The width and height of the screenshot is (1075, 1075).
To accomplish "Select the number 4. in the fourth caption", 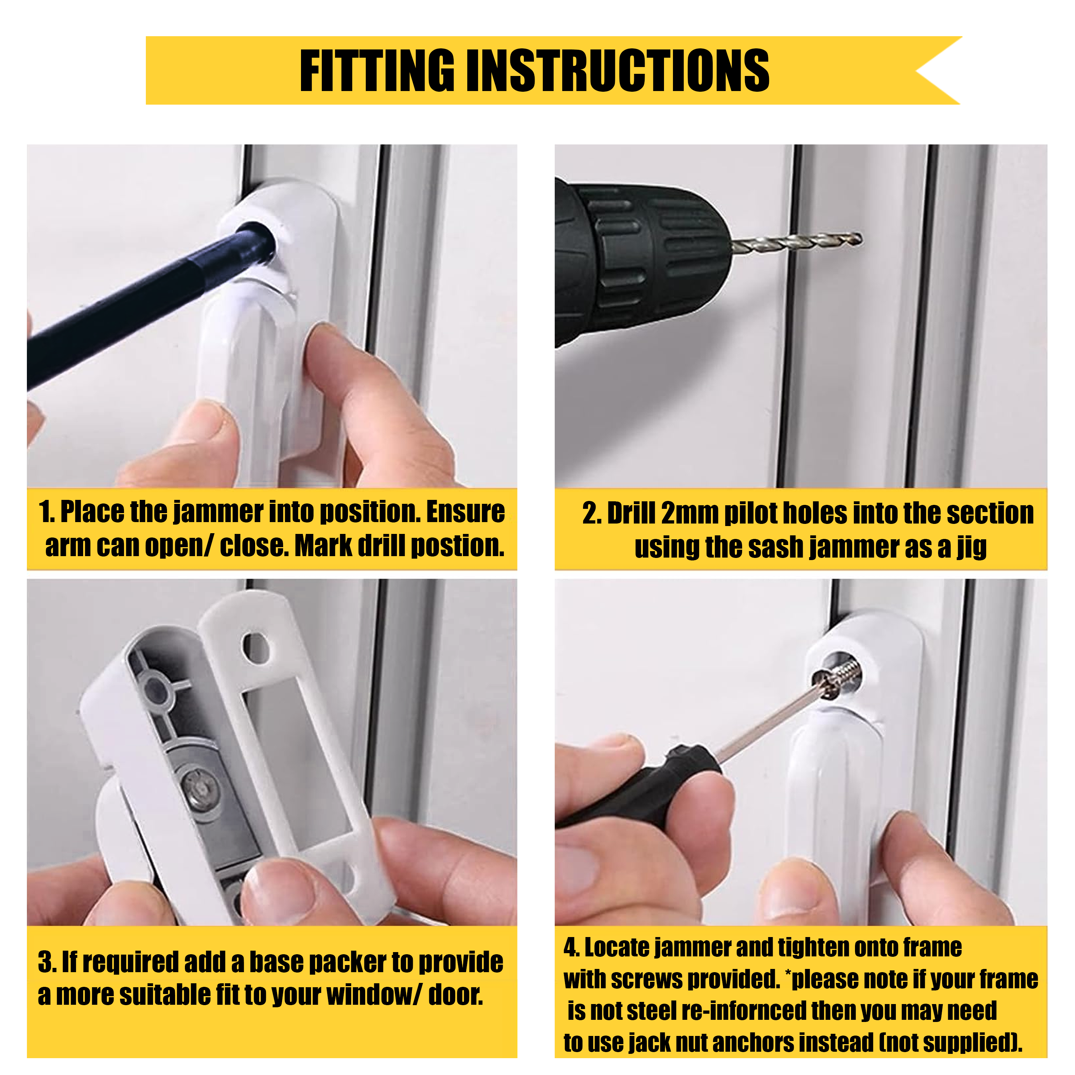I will pyautogui.click(x=572, y=947).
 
